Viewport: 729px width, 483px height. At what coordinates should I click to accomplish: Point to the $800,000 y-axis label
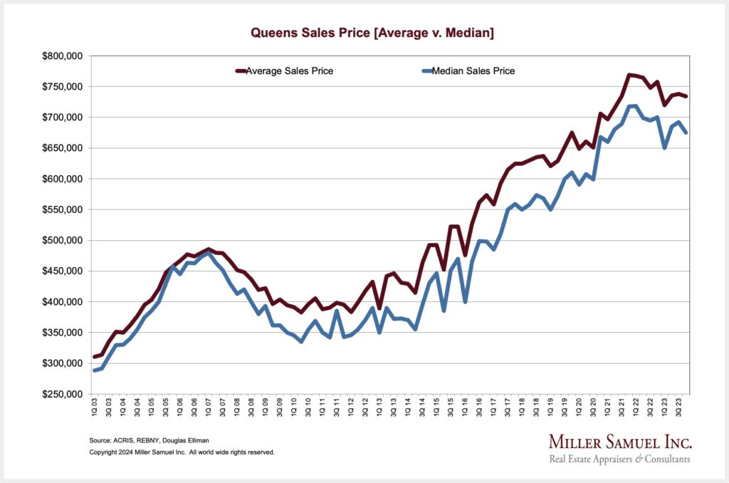[x=64, y=56]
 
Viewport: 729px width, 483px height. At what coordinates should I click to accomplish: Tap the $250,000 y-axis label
[x=64, y=394]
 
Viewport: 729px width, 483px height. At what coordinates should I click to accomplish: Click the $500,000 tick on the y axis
[x=64, y=240]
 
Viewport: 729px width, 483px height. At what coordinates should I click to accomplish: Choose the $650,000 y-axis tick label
[x=64, y=148]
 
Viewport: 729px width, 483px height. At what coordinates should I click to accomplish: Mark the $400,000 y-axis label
[x=64, y=302]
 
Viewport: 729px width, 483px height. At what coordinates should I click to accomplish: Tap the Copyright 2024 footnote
[x=182, y=452]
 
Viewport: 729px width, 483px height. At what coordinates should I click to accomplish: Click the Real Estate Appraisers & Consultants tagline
[x=619, y=459]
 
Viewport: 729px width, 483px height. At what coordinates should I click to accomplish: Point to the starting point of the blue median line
[x=95, y=370]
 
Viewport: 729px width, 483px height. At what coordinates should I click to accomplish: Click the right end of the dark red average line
[x=686, y=96]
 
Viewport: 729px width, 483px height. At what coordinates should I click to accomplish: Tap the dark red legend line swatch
[x=240, y=71]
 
